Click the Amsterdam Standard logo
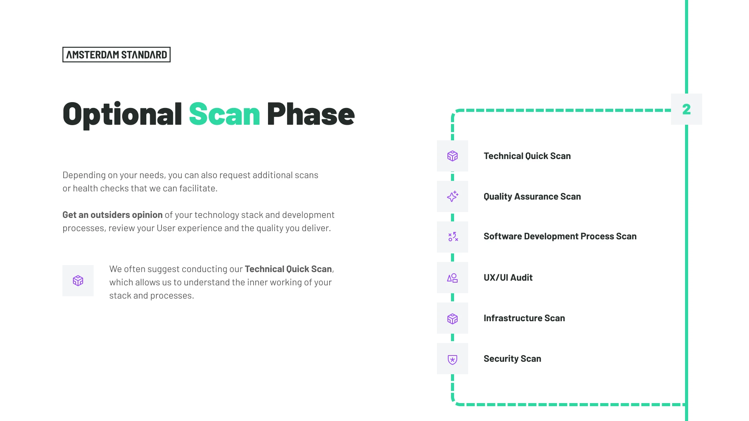(116, 55)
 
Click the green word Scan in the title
(224, 114)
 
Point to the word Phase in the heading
(311, 114)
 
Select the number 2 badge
(687, 109)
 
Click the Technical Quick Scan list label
(527, 156)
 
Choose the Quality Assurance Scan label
(532, 196)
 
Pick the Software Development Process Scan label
(560, 236)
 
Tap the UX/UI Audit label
(508, 278)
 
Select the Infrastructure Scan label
(524, 318)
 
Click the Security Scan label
(512, 359)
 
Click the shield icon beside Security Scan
(453, 359)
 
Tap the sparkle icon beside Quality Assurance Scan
(453, 196)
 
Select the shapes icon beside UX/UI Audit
(453, 278)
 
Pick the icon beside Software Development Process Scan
(453, 237)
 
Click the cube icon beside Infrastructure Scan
(453, 319)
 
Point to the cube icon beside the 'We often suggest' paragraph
(78, 281)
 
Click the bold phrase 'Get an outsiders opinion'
(112, 215)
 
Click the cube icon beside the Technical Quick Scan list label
(453, 156)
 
